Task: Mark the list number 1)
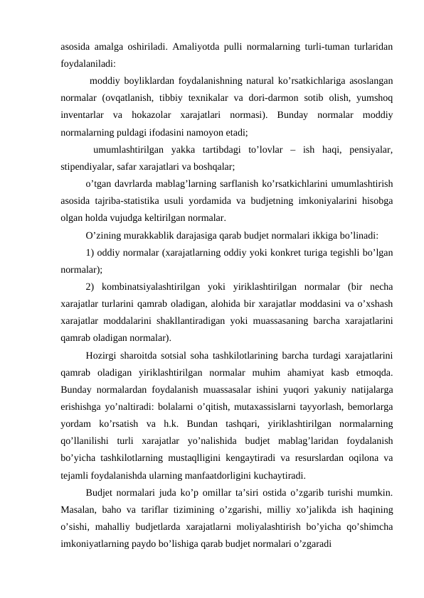click(90, 252)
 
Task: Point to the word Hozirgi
click(104, 354)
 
